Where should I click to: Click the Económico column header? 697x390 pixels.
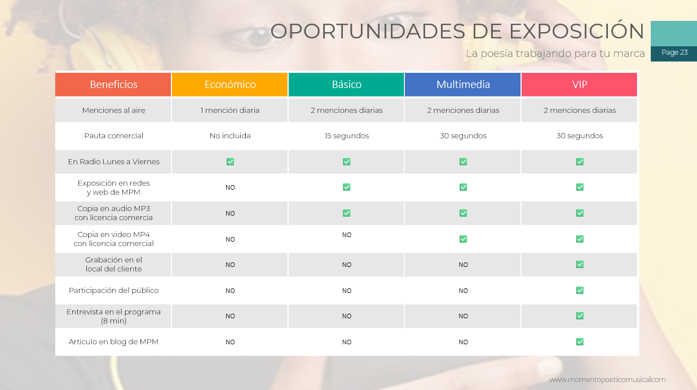pos(230,85)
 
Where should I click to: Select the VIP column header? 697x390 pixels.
pos(579,85)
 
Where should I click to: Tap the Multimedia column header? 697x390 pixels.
pos(463,85)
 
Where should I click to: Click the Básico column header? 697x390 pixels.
pos(346,85)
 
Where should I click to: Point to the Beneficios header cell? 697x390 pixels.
pos(113,85)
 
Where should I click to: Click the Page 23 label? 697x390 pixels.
pos(674,52)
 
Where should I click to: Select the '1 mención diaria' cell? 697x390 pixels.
pos(230,110)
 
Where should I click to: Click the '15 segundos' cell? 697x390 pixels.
pos(347,136)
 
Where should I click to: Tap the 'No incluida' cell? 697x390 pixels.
pos(230,136)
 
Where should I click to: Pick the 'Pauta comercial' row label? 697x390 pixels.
pos(113,136)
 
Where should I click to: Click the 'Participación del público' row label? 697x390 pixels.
pos(113,290)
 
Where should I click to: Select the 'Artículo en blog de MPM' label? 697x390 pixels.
pos(113,341)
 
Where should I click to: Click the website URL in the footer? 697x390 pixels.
pos(607,380)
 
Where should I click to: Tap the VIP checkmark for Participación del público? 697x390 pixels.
pos(580,290)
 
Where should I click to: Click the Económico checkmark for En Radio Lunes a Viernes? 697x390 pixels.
pos(230,161)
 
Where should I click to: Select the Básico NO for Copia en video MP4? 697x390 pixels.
pos(347,235)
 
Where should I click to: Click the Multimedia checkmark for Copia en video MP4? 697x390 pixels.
pos(464,239)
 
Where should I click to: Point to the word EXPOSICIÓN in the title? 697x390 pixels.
pos(576,31)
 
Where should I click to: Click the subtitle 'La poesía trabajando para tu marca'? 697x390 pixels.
pos(555,54)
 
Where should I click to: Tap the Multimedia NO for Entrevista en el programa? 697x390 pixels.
pos(463,316)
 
